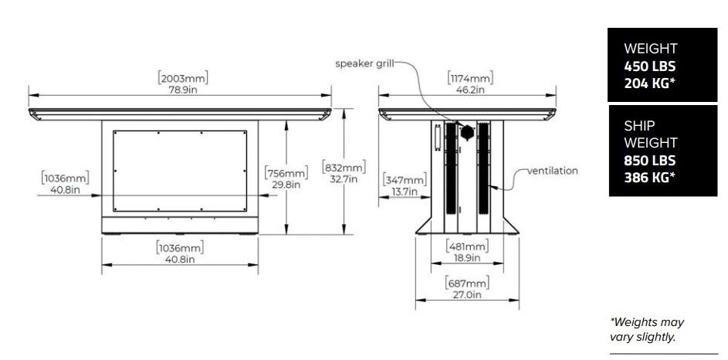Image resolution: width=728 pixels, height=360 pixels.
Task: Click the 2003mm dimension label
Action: tap(183, 77)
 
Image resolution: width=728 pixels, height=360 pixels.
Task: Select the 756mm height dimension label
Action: tap(286, 173)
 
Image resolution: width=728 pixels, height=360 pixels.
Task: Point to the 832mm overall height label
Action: tap(344, 166)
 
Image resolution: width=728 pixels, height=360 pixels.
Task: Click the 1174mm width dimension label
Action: tap(470, 77)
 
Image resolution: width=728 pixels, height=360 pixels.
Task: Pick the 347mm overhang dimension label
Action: tap(404, 180)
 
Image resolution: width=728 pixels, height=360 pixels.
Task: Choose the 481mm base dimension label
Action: tap(467, 246)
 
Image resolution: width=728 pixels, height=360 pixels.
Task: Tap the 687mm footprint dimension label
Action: tap(467, 283)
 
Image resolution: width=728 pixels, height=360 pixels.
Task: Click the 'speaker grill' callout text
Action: tap(364, 63)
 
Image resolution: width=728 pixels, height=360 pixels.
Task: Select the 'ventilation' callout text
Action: tap(553, 171)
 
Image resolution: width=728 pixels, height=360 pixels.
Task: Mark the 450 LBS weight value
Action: tap(649, 66)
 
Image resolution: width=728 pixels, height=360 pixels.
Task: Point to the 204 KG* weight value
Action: tap(649, 84)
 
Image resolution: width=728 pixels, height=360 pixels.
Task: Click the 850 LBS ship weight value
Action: tap(649, 160)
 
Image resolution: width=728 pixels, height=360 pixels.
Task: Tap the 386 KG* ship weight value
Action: tap(649, 177)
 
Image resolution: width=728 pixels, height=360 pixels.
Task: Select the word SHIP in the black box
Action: tap(639, 125)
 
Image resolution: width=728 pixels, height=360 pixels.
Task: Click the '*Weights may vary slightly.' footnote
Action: tap(647, 329)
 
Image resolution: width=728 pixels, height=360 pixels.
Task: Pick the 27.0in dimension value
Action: tap(466, 294)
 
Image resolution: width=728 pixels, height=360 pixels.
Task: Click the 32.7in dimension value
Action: tap(344, 178)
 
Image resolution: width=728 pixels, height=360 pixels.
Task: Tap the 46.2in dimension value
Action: tap(470, 90)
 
